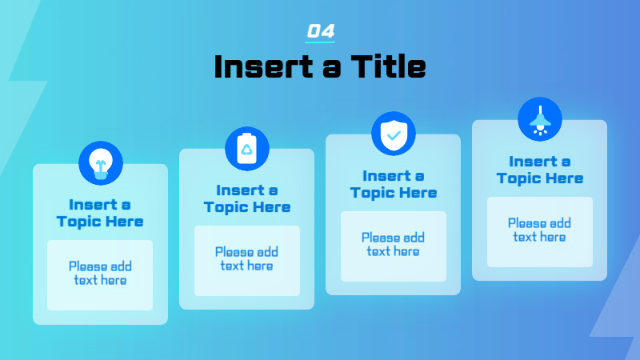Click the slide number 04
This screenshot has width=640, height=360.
click(x=321, y=31)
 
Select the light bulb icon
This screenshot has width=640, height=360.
click(x=101, y=163)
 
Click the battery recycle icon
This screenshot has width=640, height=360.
click(x=247, y=149)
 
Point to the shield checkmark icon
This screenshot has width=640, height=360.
click(x=394, y=134)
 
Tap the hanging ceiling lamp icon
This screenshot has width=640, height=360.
click(x=540, y=119)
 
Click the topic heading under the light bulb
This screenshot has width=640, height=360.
click(x=100, y=213)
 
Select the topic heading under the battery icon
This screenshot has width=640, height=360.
click(x=247, y=198)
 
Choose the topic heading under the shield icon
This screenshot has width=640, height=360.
click(x=394, y=184)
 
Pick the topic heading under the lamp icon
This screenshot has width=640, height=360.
click(x=539, y=170)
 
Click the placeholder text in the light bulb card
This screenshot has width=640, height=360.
click(x=100, y=273)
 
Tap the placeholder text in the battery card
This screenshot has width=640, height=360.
click(x=246, y=258)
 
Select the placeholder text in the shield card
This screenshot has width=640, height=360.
click(x=393, y=245)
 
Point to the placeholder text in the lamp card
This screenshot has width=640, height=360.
click(x=539, y=230)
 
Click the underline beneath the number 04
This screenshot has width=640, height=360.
click(x=320, y=42)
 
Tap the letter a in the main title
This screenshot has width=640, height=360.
click(x=331, y=70)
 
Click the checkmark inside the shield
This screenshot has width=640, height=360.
click(x=394, y=135)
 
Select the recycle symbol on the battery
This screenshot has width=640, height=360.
click(x=247, y=150)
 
